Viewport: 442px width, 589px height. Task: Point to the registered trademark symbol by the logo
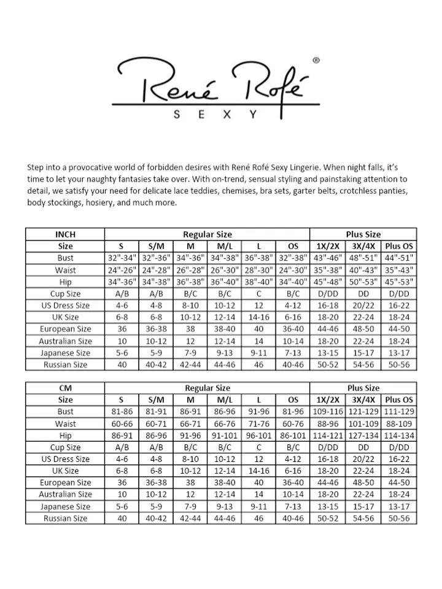(x=316, y=61)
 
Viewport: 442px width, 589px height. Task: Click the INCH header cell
(x=65, y=234)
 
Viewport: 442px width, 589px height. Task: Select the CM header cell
(x=65, y=388)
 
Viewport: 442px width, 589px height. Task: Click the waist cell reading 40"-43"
(x=363, y=270)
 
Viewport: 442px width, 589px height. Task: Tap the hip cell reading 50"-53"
(x=363, y=282)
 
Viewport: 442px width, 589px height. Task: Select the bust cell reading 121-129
(x=363, y=412)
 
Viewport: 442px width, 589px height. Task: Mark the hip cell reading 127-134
(x=363, y=435)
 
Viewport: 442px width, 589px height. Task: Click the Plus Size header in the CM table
(x=363, y=388)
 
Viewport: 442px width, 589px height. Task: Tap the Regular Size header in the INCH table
(x=207, y=234)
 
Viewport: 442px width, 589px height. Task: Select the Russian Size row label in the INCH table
(x=65, y=364)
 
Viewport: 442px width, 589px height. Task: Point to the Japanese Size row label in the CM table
(x=65, y=507)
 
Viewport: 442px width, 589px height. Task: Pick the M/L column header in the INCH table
(x=224, y=246)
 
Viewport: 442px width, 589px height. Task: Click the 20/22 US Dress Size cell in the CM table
(x=363, y=459)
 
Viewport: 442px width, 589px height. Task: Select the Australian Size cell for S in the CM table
(x=122, y=495)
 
